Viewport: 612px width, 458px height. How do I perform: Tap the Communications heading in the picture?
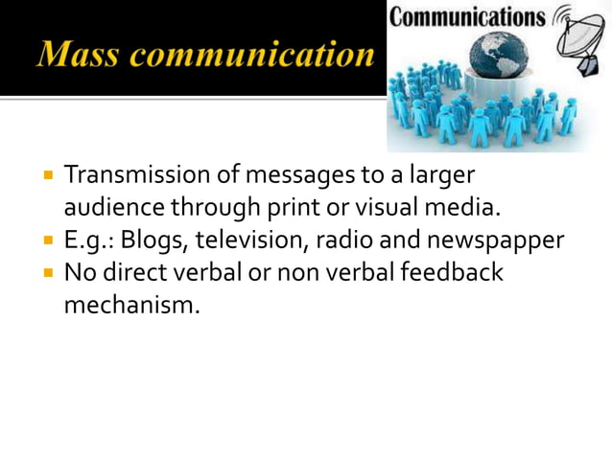[x=467, y=17]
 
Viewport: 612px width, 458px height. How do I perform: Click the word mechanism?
[x=132, y=306]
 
